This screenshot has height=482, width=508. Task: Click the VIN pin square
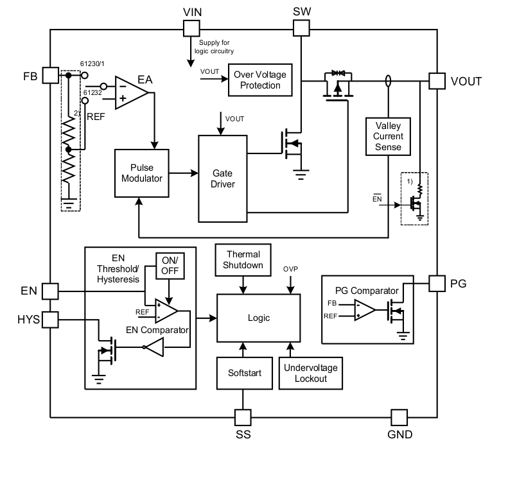coord(191,28)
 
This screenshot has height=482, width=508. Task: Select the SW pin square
coord(301,28)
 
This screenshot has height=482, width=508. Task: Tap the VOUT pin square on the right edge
coord(437,81)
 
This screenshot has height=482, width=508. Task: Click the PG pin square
coord(437,283)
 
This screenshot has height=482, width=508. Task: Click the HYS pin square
coord(50,319)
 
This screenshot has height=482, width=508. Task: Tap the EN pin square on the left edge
coord(50,291)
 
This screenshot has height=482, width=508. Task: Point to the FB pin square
coord(50,75)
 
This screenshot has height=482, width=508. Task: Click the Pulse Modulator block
coord(141,173)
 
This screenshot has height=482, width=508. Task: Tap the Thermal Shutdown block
coord(242,260)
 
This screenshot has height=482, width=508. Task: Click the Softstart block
coord(242,373)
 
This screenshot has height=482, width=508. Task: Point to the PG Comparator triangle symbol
coord(363,309)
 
